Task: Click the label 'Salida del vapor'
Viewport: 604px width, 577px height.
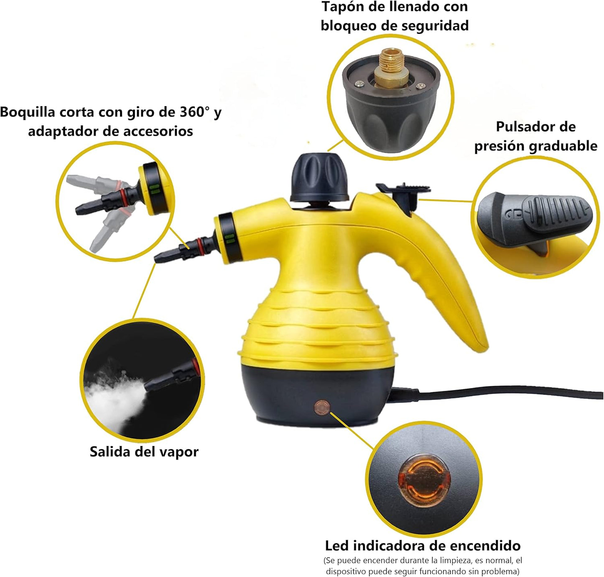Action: coord(144,452)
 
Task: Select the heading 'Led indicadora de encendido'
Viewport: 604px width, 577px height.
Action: coord(423,546)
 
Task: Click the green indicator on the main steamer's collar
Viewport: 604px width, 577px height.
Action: coord(229,239)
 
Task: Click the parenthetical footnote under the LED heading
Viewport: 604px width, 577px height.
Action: coord(423,566)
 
